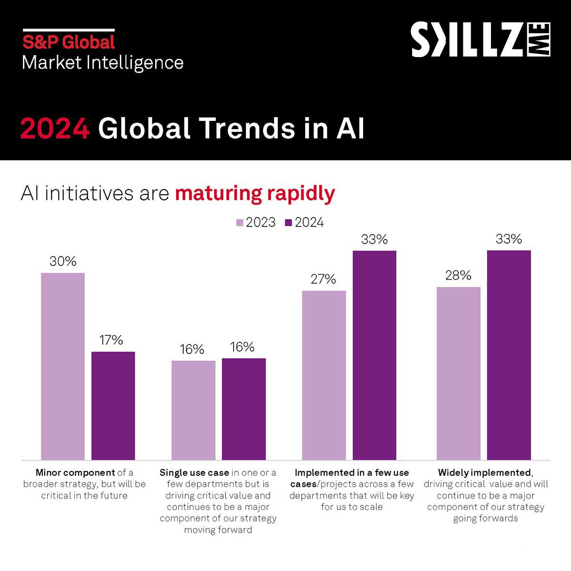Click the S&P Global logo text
[x=69, y=42]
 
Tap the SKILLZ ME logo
[x=481, y=39]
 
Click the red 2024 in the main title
[x=55, y=128]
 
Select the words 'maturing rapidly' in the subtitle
[x=255, y=194]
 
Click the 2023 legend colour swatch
[x=240, y=223]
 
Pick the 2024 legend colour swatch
[x=288, y=223]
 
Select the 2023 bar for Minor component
[x=63, y=366]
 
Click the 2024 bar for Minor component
[x=113, y=405]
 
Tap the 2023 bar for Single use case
[x=193, y=410]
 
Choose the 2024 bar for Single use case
[x=244, y=409]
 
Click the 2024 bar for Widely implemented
[x=509, y=355]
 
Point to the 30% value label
[x=63, y=261]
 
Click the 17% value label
[x=111, y=340]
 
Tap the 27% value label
[x=324, y=279]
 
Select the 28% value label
[x=458, y=276]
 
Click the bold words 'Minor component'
[x=75, y=473]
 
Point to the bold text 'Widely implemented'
[x=484, y=473]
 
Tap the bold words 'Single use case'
[x=194, y=473]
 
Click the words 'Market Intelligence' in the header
[x=103, y=63]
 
